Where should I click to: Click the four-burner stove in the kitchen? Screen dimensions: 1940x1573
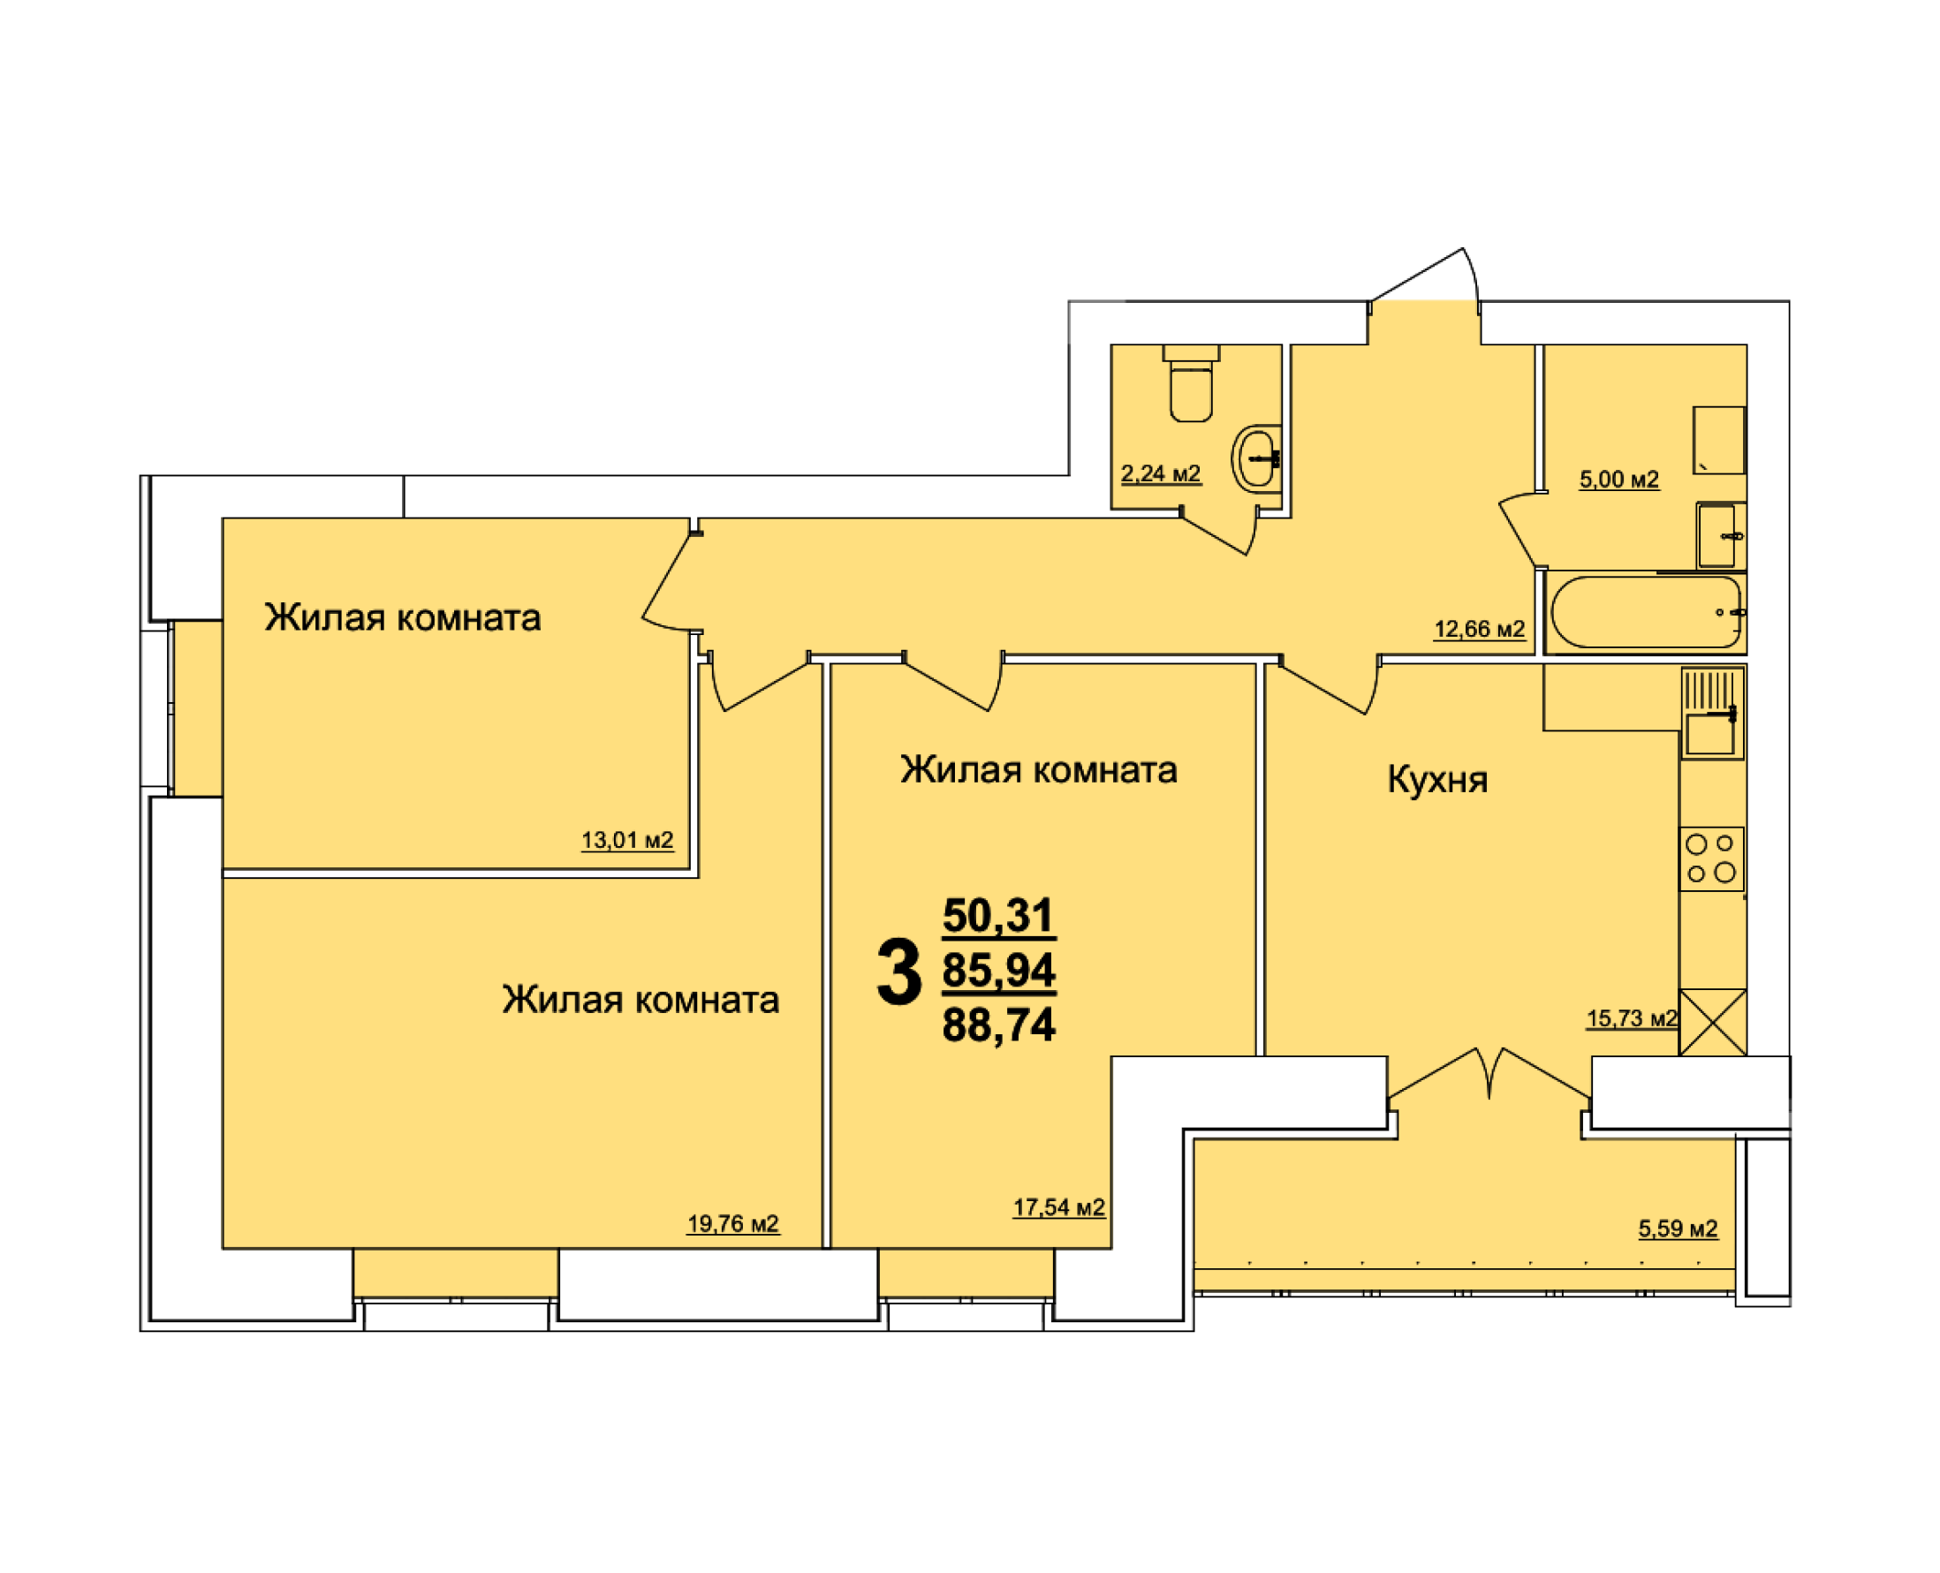[1711, 858]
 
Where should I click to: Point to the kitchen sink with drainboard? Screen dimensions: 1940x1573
[1713, 713]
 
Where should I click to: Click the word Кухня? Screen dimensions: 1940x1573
[1437, 780]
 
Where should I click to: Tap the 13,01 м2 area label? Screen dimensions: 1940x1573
[627, 840]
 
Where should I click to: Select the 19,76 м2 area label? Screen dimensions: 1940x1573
[732, 1223]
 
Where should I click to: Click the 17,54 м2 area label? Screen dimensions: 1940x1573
[1058, 1207]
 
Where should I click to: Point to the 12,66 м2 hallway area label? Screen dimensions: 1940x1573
[1480, 629]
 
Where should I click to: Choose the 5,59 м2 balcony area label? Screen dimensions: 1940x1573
[1678, 1229]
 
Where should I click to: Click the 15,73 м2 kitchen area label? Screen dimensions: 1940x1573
[1632, 1018]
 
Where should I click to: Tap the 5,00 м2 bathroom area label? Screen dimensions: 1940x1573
[1618, 480]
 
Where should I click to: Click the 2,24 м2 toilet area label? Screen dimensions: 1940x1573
[1161, 473]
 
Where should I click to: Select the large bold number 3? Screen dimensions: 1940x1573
[898, 972]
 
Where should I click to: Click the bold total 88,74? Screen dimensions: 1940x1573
[998, 1025]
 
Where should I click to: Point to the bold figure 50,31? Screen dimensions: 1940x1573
[998, 915]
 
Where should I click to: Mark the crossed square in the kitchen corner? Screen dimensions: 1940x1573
[1713, 1022]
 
